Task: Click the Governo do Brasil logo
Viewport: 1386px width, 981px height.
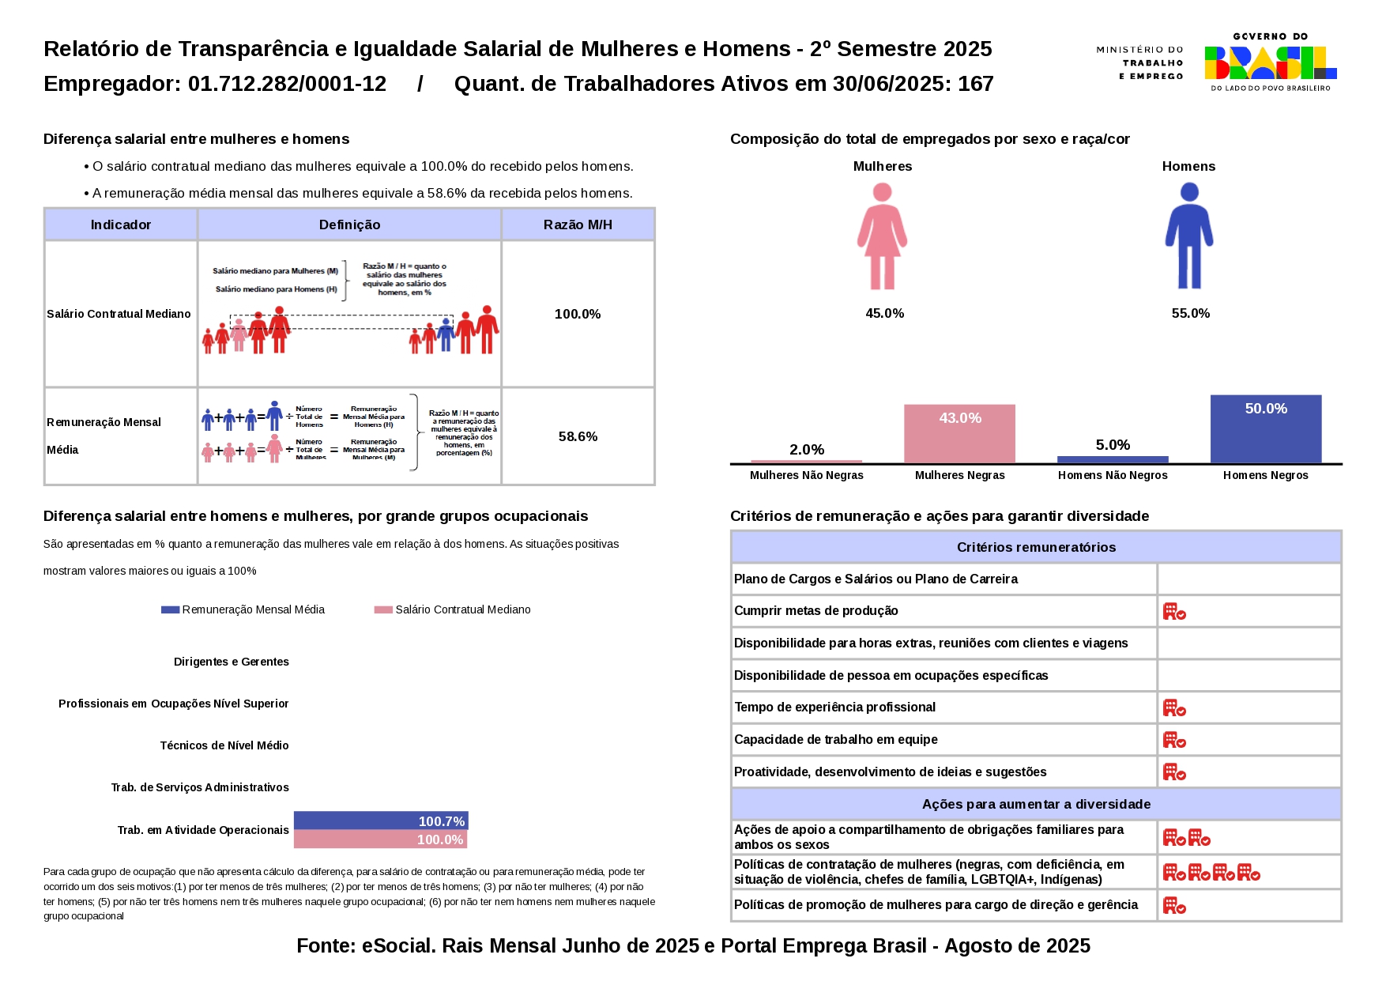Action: coord(1270,62)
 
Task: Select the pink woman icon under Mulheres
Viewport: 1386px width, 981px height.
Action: coord(882,236)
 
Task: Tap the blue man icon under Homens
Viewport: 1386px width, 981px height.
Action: coord(1188,236)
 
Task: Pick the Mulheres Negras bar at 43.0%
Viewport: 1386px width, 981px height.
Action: coord(959,434)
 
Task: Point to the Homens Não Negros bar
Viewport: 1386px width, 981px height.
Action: coord(1113,459)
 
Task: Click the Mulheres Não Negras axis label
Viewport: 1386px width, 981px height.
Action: coord(806,475)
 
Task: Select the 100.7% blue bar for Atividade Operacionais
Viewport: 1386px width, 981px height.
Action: coord(381,821)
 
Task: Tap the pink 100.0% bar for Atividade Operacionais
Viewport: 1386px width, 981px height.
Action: coord(380,840)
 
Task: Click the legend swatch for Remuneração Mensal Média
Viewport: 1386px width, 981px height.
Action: coord(170,609)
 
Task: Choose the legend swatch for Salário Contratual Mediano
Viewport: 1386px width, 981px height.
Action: coord(383,609)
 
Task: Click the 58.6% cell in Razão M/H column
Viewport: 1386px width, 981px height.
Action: coord(578,436)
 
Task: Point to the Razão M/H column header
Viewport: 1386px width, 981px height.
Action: coord(578,224)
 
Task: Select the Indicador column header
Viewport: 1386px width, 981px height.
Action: coord(121,224)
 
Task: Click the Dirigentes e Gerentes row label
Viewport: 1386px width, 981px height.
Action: coord(232,662)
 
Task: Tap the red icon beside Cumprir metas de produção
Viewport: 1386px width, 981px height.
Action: coord(1174,611)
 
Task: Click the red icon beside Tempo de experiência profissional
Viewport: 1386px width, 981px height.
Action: coord(1174,707)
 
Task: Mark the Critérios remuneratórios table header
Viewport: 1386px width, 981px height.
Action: coord(1036,547)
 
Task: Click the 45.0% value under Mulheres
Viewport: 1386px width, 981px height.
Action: coord(884,313)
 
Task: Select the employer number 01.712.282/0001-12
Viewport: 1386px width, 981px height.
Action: coord(287,84)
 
